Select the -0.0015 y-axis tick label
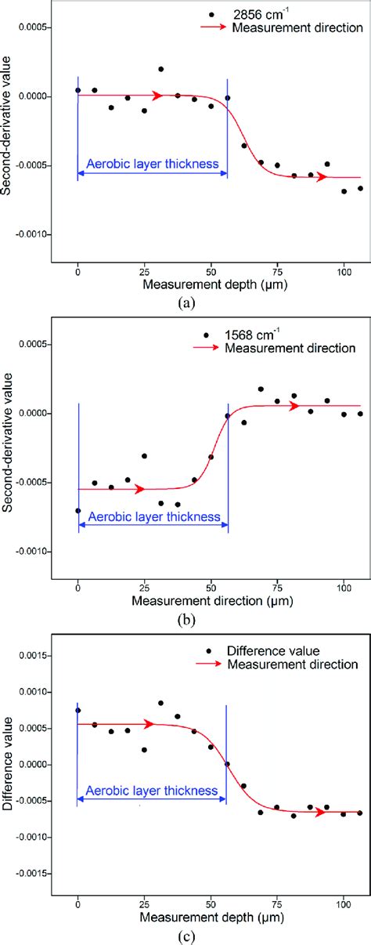pos(27,873)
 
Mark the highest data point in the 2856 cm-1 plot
pos(160,69)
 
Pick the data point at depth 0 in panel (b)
pos(77,511)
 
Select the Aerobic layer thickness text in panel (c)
pos(153,791)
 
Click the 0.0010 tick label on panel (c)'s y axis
pos(29,692)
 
